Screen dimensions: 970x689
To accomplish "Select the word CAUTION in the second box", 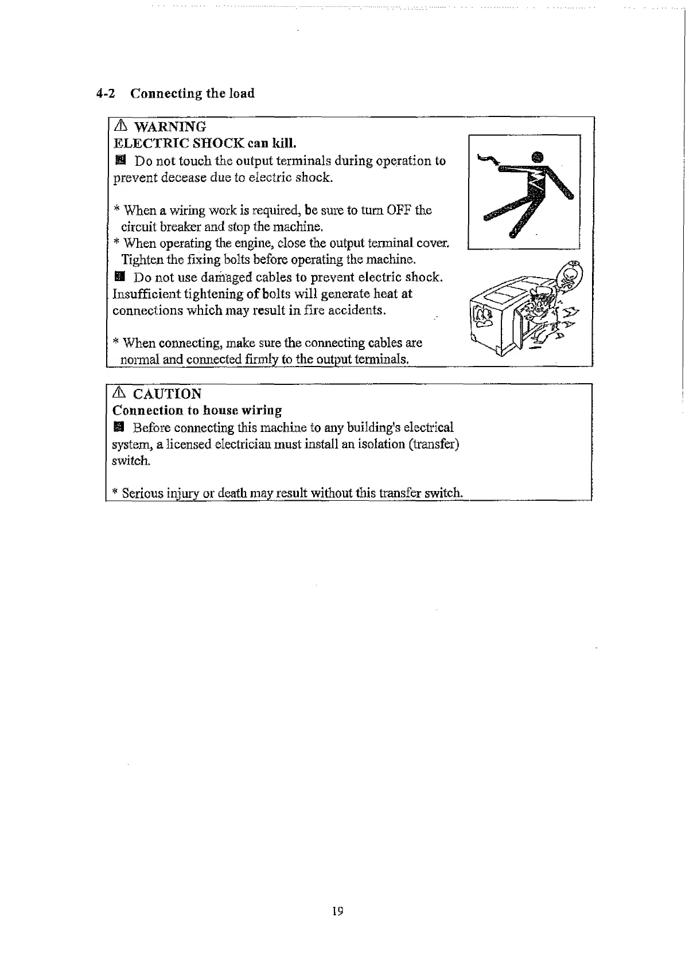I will point(167,394).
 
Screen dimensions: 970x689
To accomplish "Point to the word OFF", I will point(396,210).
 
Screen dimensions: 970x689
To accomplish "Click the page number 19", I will point(337,911).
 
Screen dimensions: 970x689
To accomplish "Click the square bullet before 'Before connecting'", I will point(119,427).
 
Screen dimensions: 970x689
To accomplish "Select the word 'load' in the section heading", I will point(242,94).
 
